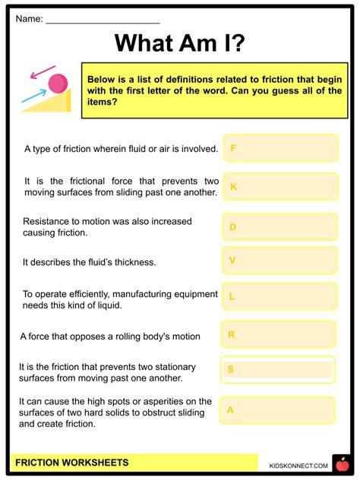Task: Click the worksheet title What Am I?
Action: click(179, 44)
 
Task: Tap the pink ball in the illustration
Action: click(56, 82)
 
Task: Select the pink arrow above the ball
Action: click(38, 74)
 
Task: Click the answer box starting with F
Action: click(280, 148)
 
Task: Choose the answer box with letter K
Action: click(280, 186)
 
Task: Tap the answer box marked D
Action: click(280, 226)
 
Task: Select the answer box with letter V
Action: click(280, 261)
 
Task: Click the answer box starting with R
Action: click(279, 334)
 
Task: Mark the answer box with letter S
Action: click(279, 370)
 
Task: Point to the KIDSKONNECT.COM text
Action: click(298, 465)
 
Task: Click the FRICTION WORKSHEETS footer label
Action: click(72, 463)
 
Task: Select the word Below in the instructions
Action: click(103, 80)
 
